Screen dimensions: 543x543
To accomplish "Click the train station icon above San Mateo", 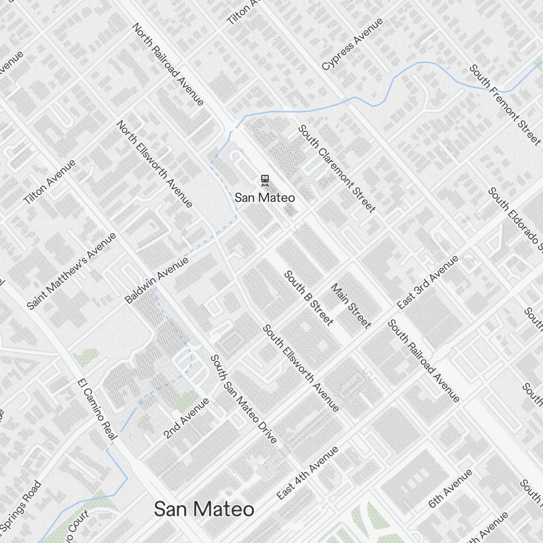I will pos(264,180).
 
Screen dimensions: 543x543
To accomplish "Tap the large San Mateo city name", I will pos(204,509).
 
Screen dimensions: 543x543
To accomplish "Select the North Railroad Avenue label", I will pos(168,65).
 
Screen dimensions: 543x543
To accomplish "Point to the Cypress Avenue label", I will pos(352,44).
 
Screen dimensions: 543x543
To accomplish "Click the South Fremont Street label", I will pos(505,104).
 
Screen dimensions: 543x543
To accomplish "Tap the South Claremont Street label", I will pos(337,169).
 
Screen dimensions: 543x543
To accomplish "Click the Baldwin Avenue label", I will pos(156,280).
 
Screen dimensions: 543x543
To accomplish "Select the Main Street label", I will pos(351,306).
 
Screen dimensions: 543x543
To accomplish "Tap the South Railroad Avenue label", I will pos(424,361).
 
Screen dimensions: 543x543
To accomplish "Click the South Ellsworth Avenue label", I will pos(301,368).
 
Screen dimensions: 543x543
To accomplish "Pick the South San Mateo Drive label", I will pos(244,399).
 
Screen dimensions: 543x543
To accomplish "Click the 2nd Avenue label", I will pos(186,418).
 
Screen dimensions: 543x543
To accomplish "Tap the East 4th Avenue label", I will pos(307,473).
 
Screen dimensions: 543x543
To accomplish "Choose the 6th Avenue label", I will pos(450,489).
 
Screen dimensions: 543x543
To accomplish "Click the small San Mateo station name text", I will pos(265,198).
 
